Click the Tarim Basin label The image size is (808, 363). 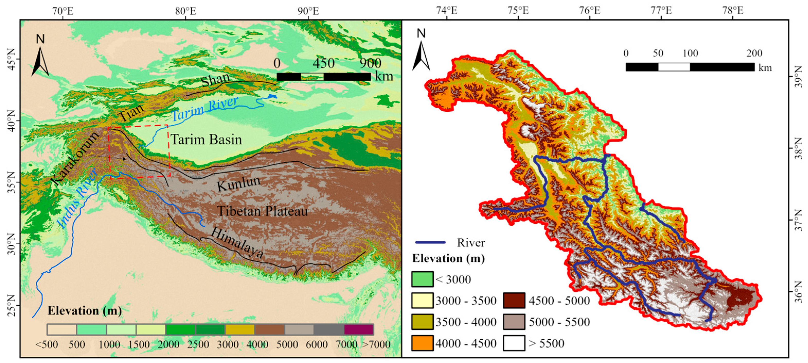click(x=206, y=140)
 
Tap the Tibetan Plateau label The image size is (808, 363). click(x=262, y=211)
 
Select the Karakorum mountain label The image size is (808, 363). click(x=75, y=159)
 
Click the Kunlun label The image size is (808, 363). click(x=239, y=183)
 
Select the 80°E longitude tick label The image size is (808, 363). click(x=186, y=11)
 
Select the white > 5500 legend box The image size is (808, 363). click(x=514, y=343)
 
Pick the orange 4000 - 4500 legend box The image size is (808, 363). click(x=422, y=343)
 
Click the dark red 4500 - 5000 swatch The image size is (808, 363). click(x=514, y=300)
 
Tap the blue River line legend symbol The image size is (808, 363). click(x=430, y=243)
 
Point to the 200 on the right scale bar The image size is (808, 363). click(x=754, y=53)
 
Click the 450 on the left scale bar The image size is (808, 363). click(x=324, y=63)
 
